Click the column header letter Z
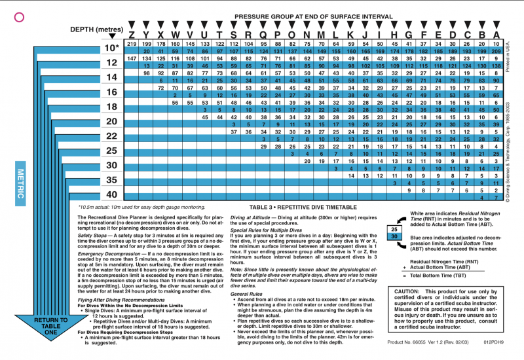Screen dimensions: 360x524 point(132,35)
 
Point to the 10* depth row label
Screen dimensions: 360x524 point(112,48)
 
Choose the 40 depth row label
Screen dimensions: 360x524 point(111,194)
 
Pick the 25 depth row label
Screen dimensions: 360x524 point(111,151)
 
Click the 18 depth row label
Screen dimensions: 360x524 point(111,107)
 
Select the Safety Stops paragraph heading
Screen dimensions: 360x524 point(94,235)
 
